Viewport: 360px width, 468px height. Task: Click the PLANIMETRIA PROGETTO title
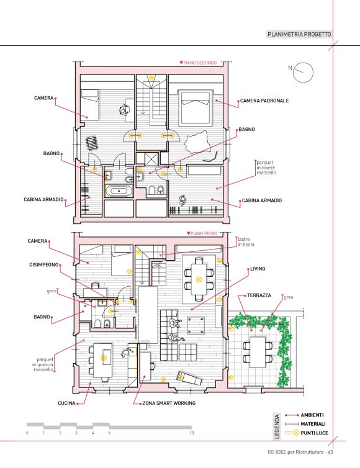tap(299, 34)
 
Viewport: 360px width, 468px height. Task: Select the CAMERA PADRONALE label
tap(264, 101)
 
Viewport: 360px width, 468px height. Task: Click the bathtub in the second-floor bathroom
tap(119, 191)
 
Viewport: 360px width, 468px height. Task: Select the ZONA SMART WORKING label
tap(169, 403)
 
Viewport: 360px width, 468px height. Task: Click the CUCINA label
tap(66, 403)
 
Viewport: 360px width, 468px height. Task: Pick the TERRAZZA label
tap(259, 295)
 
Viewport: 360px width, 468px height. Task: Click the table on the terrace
tap(258, 352)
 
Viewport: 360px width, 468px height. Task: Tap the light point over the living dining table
tap(199, 279)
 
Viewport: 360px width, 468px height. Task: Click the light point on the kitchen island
tap(104, 358)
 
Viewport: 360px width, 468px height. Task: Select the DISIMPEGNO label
tap(44, 265)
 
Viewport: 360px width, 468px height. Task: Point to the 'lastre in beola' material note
tap(246, 242)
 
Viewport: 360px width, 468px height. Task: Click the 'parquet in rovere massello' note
tap(266, 168)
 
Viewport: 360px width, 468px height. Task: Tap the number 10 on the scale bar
tap(192, 433)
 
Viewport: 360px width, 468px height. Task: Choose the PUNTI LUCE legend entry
tap(314, 433)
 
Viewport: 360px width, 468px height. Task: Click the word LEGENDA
tap(277, 426)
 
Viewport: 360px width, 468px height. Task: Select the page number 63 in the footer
tap(330, 452)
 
